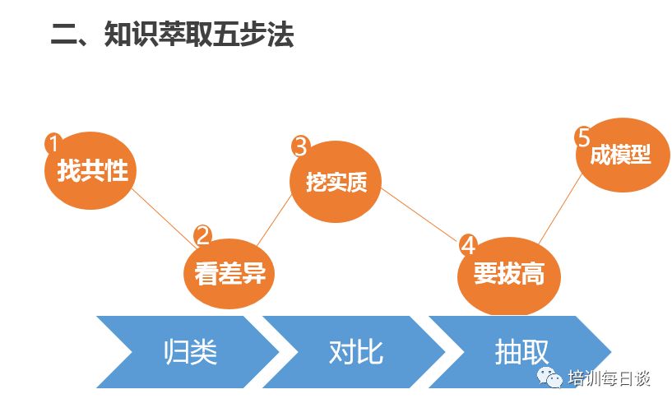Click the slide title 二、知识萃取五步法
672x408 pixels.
(172, 34)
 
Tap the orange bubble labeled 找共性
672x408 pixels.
(90, 170)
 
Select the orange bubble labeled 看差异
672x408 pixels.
(229, 273)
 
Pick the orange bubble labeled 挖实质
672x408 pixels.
(336, 182)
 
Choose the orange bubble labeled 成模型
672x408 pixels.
(623, 155)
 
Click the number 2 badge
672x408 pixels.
(203, 235)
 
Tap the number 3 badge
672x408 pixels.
(301, 146)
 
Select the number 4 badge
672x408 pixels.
(469, 245)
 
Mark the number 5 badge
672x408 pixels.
(584, 137)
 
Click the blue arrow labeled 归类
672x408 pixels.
(188, 352)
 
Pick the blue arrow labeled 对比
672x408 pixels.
(354, 352)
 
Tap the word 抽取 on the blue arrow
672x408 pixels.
(521, 352)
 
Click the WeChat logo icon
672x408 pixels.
(550, 378)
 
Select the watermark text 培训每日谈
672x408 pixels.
(609, 378)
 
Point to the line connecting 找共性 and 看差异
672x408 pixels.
(164, 218)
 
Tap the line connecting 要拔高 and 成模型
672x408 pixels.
(559, 209)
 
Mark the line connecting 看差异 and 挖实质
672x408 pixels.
(274, 220)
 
